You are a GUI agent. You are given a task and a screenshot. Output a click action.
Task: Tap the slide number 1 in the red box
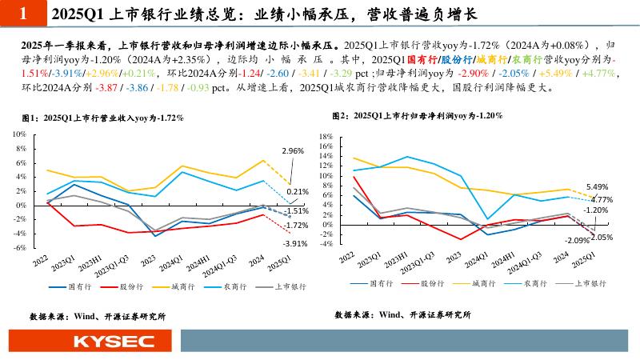pyautogui.click(x=22, y=14)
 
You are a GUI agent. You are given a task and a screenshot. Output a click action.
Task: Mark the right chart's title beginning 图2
pyautogui.click(x=416, y=116)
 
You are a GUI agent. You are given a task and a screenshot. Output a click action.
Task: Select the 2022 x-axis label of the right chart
pyautogui.click(x=347, y=258)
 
